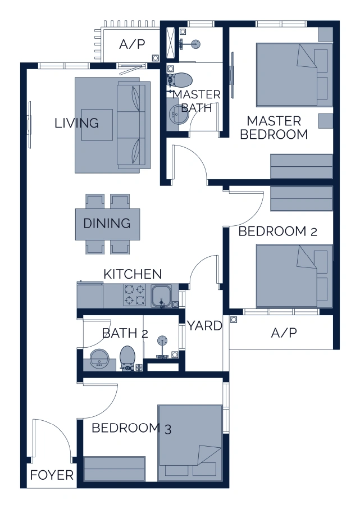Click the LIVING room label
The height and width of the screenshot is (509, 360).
pyautogui.click(x=76, y=123)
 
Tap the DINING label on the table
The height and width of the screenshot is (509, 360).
pyautogui.click(x=107, y=224)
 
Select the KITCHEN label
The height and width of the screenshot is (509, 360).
pyautogui.click(x=133, y=274)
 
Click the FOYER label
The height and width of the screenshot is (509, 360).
pyautogui.click(x=52, y=475)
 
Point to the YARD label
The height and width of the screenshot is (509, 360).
pyautogui.click(x=204, y=326)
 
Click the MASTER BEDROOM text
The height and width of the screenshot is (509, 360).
pyautogui.click(x=274, y=128)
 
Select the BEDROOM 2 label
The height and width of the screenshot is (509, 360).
pyautogui.click(x=278, y=232)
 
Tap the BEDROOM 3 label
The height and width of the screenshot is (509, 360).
pyautogui.click(x=131, y=428)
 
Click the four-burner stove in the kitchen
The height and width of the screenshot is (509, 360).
pyautogui.click(x=135, y=295)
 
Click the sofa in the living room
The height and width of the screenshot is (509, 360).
pyautogui.click(x=133, y=125)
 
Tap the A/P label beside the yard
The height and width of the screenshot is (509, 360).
pyautogui.click(x=284, y=333)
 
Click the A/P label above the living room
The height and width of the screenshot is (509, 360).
pyautogui.click(x=133, y=45)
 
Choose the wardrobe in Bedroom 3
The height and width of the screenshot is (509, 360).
pyautogui.click(x=115, y=469)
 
